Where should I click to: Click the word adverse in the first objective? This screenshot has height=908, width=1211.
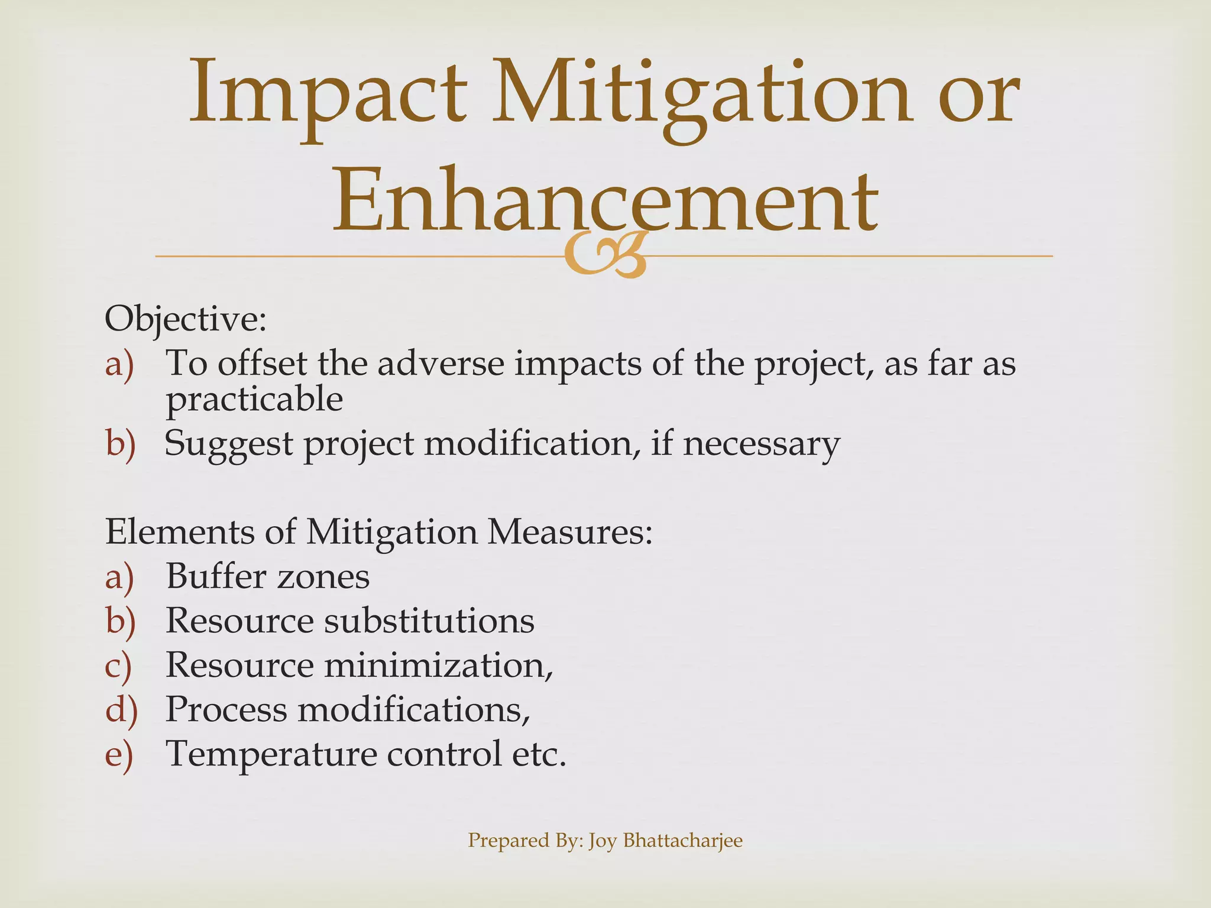[x=441, y=363]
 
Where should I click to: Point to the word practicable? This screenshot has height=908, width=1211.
[x=254, y=400]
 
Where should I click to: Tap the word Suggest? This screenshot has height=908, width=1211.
[x=228, y=443]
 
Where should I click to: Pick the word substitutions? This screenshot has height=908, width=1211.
[x=429, y=621]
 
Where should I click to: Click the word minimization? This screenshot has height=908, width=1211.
[x=438, y=665]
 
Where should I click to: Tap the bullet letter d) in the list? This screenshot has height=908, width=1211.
[x=121, y=710]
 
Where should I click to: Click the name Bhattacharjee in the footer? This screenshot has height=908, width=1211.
[x=682, y=840]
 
